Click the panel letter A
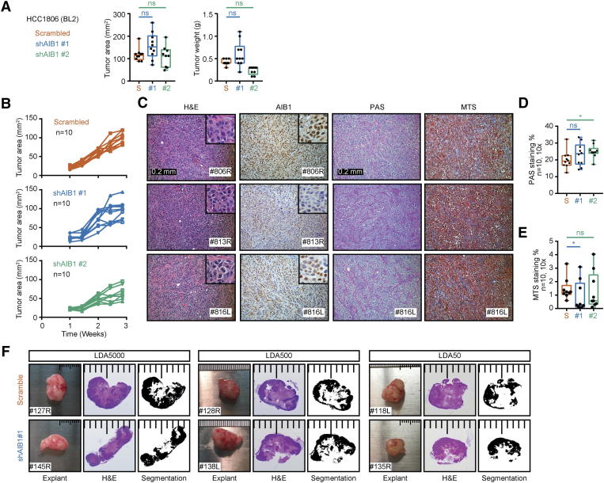(x=6, y=7)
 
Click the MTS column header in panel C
(x=461, y=106)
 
